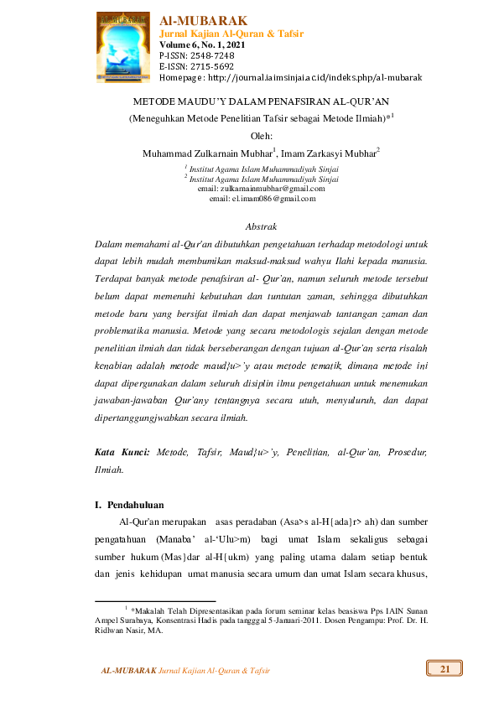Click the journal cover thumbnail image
(x=126, y=46)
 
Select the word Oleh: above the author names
(x=262, y=135)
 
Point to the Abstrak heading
(x=261, y=227)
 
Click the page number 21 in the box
(x=444, y=668)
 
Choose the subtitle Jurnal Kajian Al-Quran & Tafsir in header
(x=231, y=34)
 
